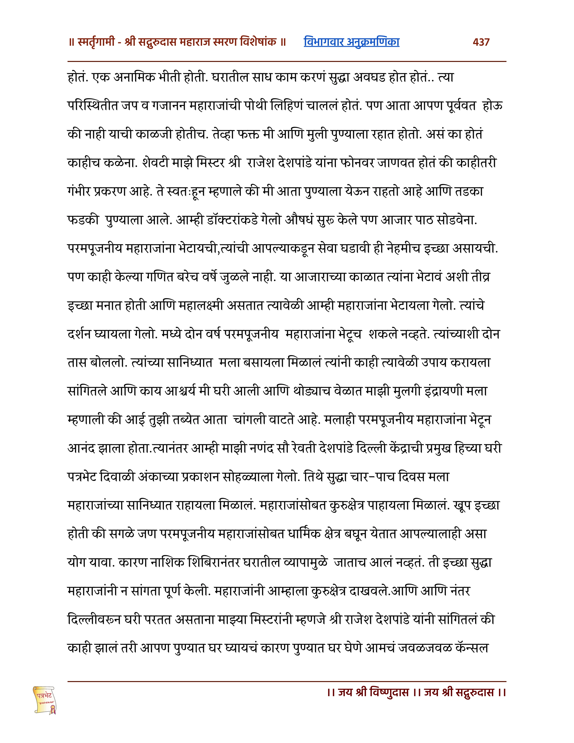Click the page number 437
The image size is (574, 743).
point(481,42)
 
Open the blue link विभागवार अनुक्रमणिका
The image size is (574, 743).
point(351,42)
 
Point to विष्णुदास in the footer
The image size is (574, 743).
point(389,692)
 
